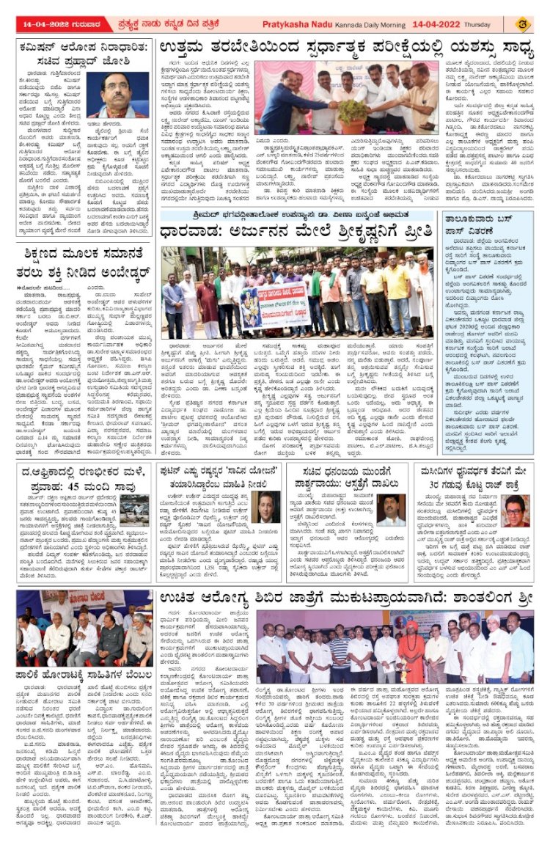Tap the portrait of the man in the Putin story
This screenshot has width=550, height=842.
(x=266, y=508)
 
